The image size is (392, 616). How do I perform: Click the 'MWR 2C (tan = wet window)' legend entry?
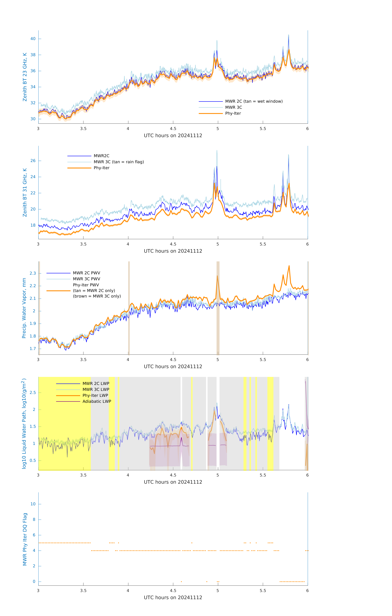coord(254,101)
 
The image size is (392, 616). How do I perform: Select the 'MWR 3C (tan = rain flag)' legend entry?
coord(118,162)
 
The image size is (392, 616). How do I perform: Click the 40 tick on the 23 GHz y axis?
coord(33,39)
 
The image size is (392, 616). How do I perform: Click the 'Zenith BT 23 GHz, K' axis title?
coord(25,77)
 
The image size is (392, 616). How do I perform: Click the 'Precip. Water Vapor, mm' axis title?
coord(24,308)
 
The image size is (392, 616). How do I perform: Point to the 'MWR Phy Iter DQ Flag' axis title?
coord(25,539)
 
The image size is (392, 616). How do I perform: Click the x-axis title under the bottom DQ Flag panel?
coord(173,598)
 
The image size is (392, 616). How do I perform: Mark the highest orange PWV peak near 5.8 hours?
coord(289,266)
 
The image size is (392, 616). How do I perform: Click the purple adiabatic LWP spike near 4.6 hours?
coord(181,438)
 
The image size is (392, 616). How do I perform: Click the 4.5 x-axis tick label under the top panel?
coord(173,129)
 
